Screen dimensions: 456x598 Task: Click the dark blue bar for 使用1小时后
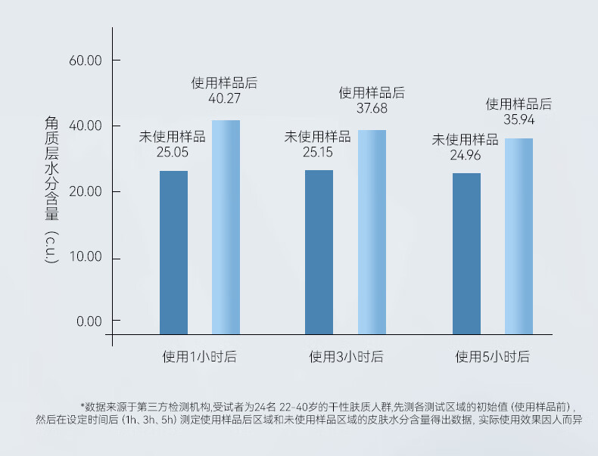tap(173, 253)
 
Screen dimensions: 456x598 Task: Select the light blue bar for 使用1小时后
tap(226, 227)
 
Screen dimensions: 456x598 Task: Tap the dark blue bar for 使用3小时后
tap(319, 252)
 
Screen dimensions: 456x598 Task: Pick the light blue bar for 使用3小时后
tap(372, 232)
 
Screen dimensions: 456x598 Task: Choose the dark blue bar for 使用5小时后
tap(466, 253)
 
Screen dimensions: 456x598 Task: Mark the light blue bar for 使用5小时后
tap(519, 236)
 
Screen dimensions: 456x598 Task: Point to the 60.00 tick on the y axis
tap(85, 60)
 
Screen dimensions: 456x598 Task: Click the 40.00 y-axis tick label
tap(85, 126)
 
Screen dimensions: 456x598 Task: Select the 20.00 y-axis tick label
tap(85, 192)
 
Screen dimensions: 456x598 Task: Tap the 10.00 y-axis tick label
tap(85, 258)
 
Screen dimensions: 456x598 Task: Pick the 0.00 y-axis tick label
tap(88, 321)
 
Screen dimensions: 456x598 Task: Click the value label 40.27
tap(224, 98)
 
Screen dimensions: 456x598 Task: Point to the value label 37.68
tap(372, 108)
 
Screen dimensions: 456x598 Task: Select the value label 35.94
tap(519, 119)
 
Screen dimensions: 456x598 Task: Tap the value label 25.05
tap(172, 153)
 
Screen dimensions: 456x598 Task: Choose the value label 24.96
tap(465, 156)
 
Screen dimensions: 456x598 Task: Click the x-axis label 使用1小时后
tap(199, 357)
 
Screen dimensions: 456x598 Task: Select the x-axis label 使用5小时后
tap(492, 357)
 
